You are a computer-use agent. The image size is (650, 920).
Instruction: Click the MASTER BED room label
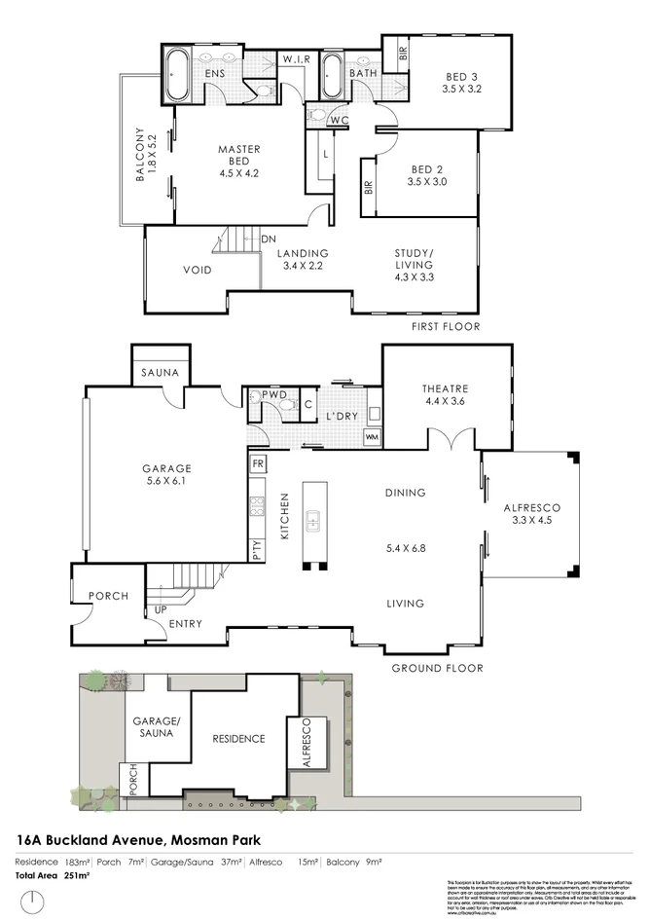tap(237, 155)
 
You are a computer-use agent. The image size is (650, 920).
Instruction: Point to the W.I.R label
tap(297, 60)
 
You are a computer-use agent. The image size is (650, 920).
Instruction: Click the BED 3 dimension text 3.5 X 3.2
tap(461, 88)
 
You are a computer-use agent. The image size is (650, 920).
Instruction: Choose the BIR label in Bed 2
tap(369, 187)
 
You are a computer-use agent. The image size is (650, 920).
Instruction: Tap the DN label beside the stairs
tap(270, 239)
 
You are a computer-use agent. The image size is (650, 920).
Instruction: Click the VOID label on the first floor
tap(199, 270)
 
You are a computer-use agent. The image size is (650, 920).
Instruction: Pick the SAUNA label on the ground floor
tap(159, 373)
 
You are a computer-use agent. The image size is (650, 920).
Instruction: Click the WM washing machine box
tap(371, 438)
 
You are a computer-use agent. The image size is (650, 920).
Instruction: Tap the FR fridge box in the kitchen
tap(258, 463)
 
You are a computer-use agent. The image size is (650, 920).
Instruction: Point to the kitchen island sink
tap(313, 523)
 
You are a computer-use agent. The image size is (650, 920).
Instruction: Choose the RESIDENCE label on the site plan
tap(239, 738)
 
